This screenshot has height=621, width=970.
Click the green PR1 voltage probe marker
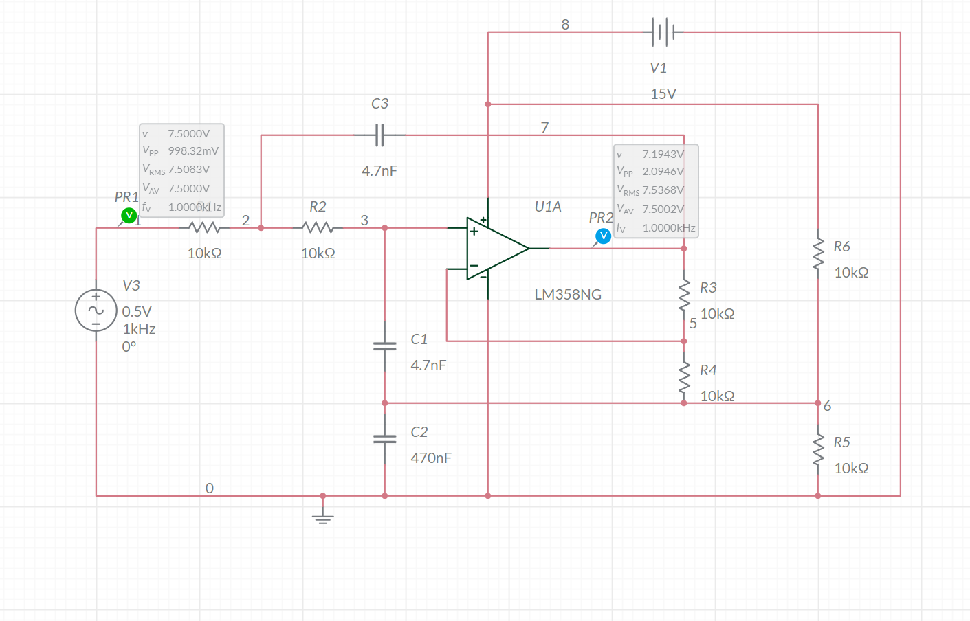129,216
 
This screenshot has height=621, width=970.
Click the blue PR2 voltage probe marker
603,236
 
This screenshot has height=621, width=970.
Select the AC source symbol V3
96,310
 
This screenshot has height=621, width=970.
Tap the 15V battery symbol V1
663,32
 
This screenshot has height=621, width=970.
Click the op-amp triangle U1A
495,249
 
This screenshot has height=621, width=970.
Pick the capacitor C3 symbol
379,135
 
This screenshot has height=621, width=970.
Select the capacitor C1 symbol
385,346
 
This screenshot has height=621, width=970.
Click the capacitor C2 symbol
385,438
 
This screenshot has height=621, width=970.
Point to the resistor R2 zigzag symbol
318,227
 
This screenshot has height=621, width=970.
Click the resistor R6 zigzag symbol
818,254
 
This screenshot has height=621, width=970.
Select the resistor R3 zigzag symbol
684,295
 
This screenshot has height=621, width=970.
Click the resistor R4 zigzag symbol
684,378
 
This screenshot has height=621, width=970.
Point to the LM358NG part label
568,295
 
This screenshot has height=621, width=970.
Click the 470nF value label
431,458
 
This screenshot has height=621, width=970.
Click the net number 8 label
565,25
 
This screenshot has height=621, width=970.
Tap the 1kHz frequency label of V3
139,329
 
